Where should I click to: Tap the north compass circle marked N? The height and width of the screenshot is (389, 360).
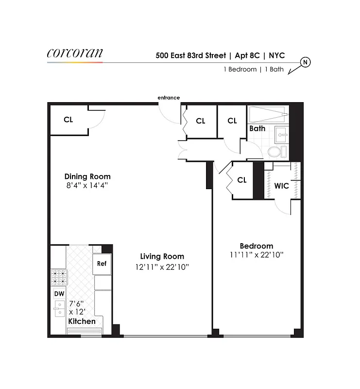click(306, 62)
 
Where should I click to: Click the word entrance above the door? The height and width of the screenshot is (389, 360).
click(169, 98)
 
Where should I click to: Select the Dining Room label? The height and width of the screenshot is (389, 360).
click(87, 177)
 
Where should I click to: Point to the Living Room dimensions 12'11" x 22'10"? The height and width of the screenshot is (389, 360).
click(162, 266)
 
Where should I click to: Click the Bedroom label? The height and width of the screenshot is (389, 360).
click(257, 246)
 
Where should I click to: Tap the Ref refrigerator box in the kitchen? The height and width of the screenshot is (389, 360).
click(102, 264)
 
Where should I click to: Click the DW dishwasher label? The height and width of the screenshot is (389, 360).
click(59, 294)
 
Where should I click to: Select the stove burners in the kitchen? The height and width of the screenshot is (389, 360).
click(59, 278)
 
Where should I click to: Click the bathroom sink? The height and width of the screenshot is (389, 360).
click(281, 133)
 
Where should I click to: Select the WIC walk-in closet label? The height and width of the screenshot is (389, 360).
click(282, 186)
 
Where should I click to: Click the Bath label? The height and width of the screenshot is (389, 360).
click(257, 128)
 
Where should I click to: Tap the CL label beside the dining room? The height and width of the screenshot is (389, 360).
click(69, 119)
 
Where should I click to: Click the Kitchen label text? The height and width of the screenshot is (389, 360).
click(82, 321)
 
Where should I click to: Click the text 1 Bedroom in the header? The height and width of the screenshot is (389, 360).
click(240, 70)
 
